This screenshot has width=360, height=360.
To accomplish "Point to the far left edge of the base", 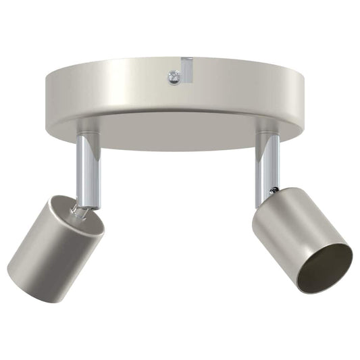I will click(x=46, y=95).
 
